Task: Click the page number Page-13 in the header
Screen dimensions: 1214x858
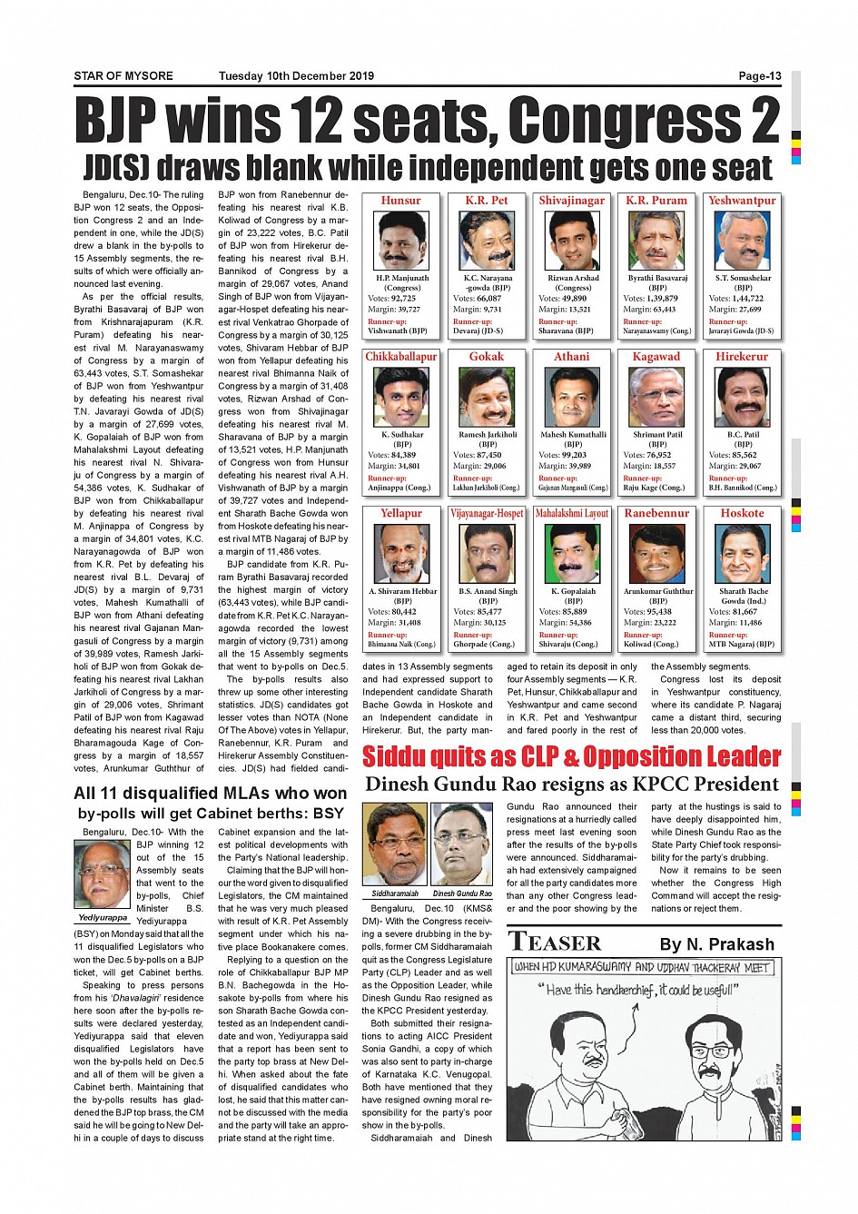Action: click(x=759, y=76)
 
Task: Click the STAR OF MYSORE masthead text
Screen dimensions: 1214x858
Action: click(x=123, y=76)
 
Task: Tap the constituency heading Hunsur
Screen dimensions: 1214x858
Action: click(x=400, y=201)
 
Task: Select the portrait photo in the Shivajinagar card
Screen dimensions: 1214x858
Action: click(x=573, y=241)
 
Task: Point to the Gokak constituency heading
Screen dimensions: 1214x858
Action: click(x=487, y=357)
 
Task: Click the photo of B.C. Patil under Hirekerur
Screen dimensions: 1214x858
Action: click(x=743, y=397)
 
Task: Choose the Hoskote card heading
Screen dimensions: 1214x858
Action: click(x=742, y=513)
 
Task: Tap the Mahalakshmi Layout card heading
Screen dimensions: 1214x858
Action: click(x=572, y=513)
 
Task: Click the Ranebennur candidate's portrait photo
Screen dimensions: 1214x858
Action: click(x=657, y=553)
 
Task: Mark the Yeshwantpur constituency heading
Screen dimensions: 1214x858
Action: click(x=742, y=201)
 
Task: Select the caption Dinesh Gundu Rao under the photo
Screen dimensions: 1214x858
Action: click(x=462, y=893)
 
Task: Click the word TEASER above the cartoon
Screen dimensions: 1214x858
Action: click(x=555, y=943)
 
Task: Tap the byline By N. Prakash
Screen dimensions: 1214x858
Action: click(x=716, y=944)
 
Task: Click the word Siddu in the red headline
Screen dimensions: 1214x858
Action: click(x=405, y=756)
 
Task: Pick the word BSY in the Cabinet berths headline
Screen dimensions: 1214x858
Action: click(x=328, y=814)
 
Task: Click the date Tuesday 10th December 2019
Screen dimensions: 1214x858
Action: click(x=296, y=76)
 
